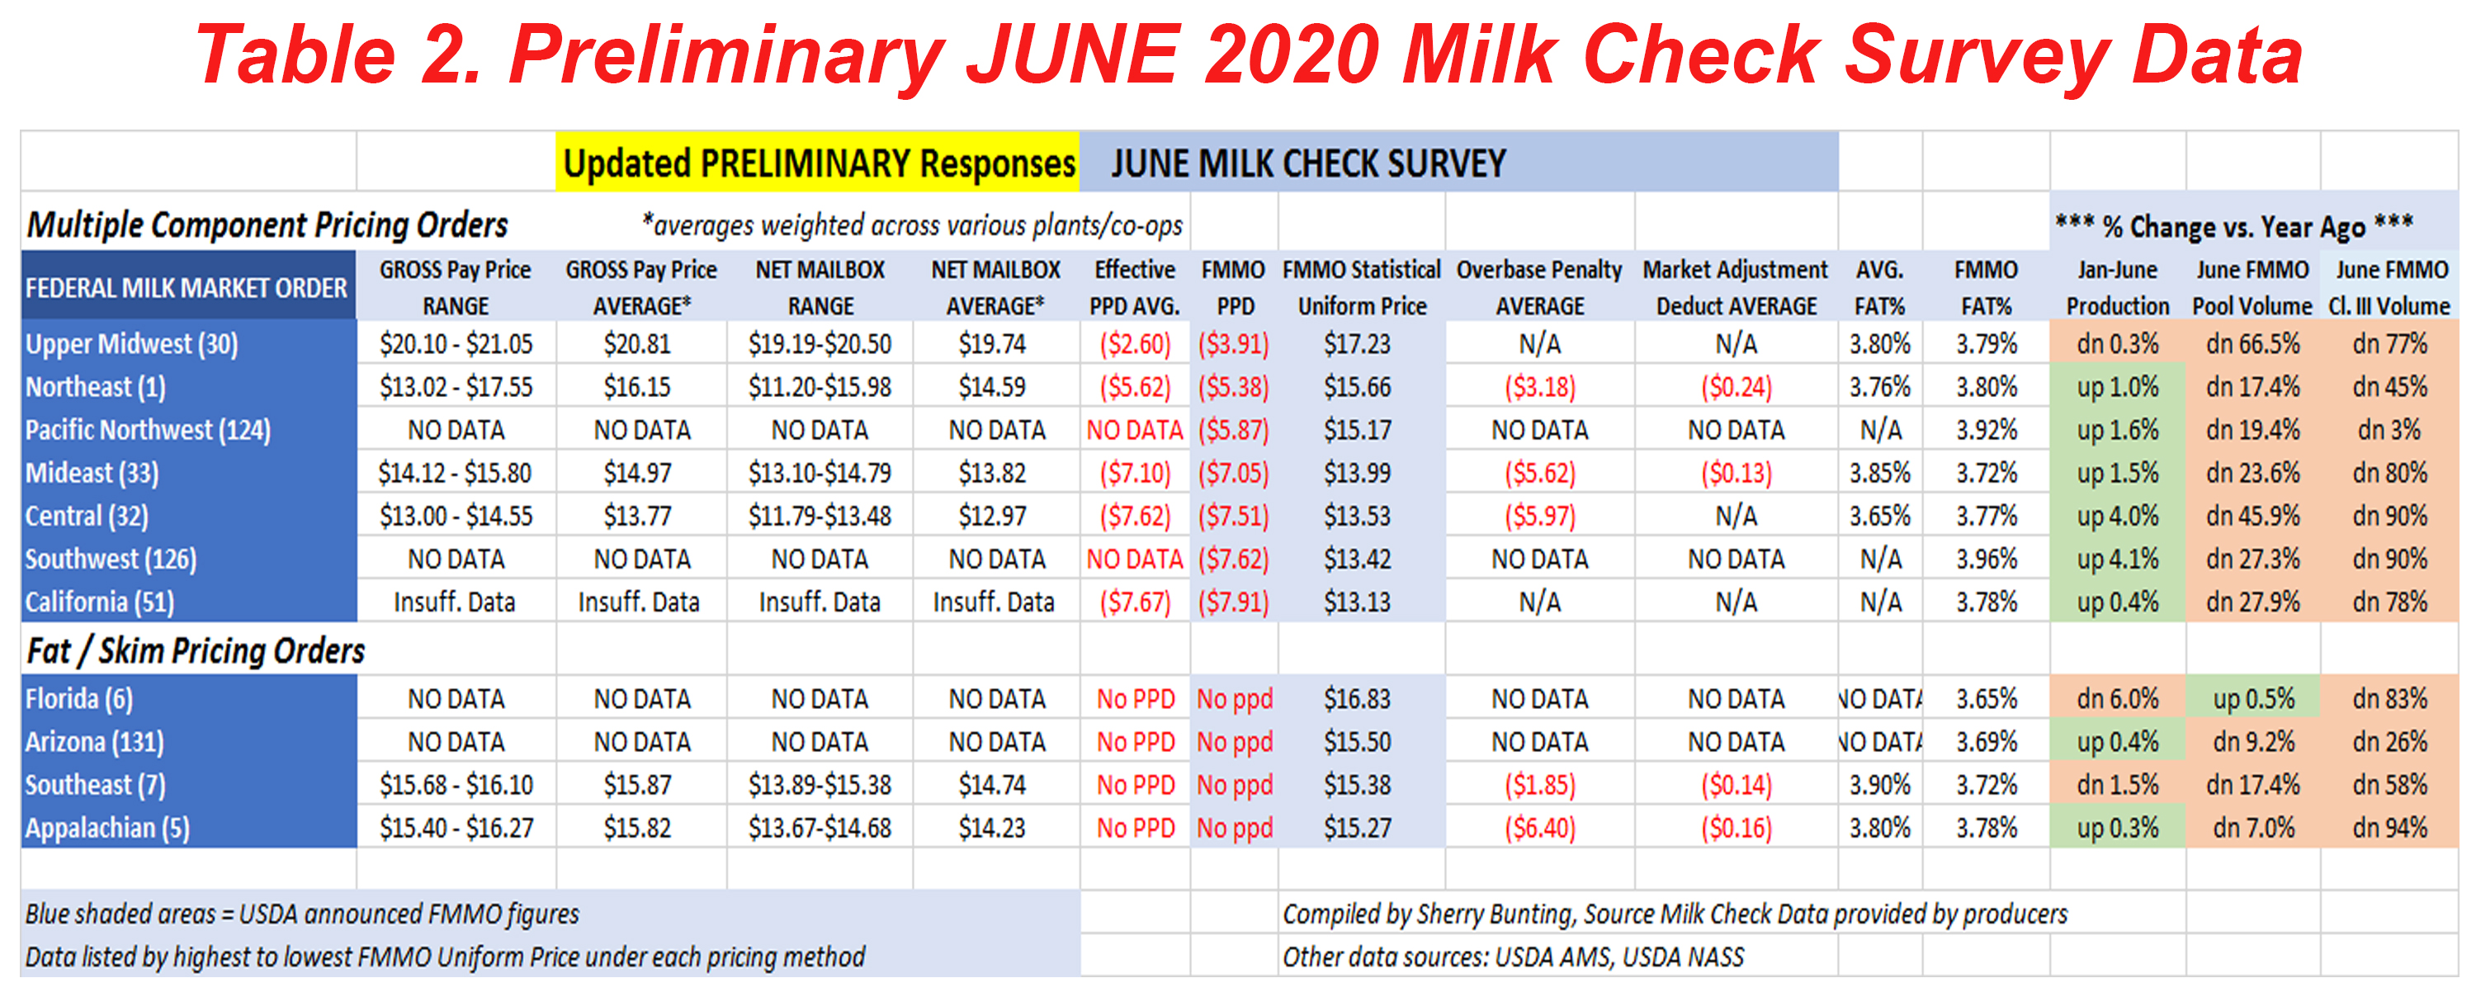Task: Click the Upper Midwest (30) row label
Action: [132, 343]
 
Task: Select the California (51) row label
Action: [100, 602]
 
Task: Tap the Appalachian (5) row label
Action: [107, 827]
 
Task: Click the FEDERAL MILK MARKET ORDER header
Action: [187, 287]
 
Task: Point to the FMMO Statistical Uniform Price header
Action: [1361, 287]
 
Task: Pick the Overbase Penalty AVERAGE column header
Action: [1539, 287]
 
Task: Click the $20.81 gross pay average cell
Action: [636, 343]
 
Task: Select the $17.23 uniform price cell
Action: [1356, 343]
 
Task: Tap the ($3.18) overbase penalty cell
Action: [1539, 386]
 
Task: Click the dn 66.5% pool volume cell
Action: [2252, 343]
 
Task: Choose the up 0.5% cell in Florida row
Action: [2252, 698]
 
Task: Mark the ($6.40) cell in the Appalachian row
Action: [1539, 827]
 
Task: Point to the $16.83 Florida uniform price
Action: [1356, 698]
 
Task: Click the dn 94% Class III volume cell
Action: [2389, 827]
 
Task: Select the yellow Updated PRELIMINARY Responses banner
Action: [818, 163]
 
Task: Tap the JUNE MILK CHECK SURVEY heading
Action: [1308, 163]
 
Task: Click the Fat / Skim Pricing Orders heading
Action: [196, 651]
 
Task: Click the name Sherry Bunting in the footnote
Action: [1495, 914]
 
